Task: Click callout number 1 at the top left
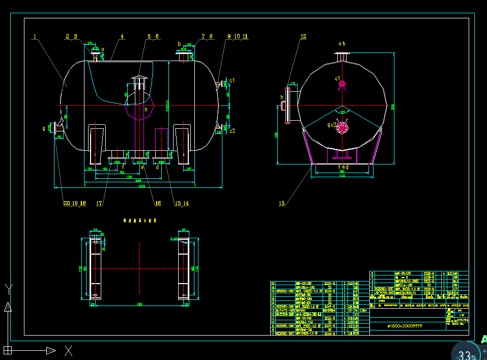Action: point(35,37)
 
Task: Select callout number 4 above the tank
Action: point(122,37)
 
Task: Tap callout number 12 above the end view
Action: point(303,37)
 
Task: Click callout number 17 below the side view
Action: point(99,203)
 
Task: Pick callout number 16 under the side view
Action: point(158,203)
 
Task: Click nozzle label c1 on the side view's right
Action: point(232,80)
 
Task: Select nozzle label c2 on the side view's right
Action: point(232,131)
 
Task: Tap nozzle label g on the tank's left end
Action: point(44,128)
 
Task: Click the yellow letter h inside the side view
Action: point(146,109)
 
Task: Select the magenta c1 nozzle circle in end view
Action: point(342,84)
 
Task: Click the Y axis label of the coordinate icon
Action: point(8,288)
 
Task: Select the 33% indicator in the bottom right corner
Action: point(467,354)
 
